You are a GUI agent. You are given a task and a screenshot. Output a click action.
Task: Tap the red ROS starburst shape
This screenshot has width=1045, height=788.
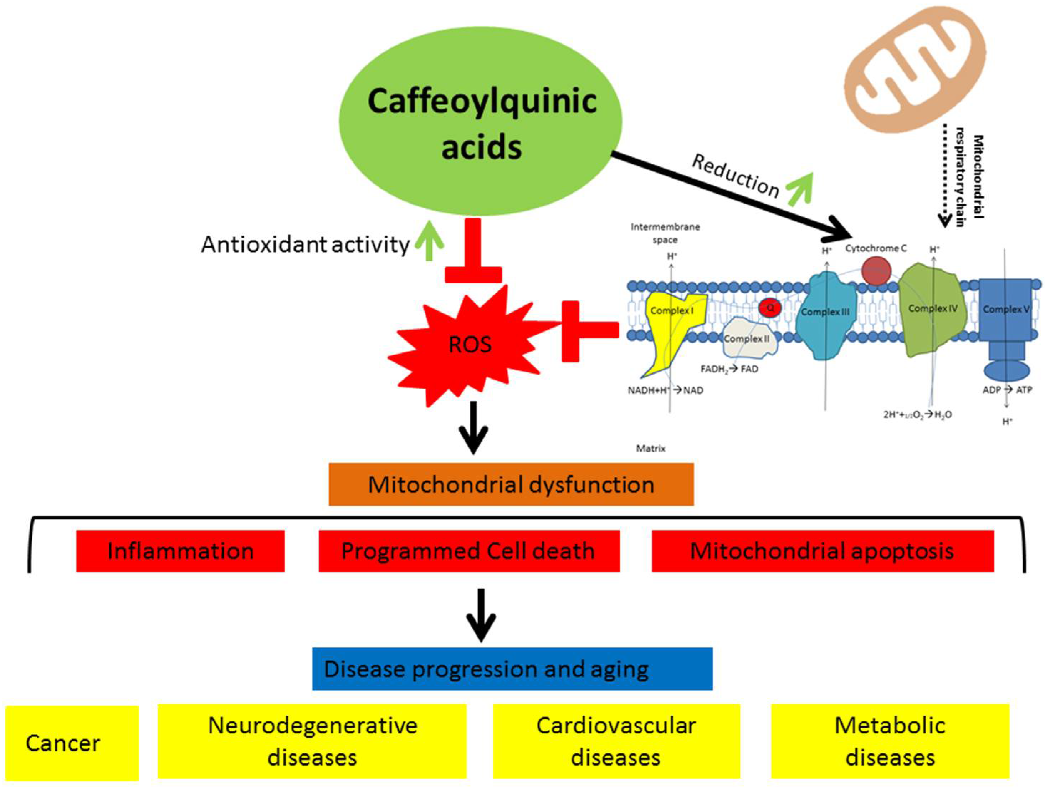point(470,345)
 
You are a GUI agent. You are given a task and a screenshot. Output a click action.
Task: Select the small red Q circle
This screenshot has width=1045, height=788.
point(770,308)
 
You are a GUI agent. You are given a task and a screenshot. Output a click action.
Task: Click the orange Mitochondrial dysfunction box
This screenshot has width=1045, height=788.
point(511,484)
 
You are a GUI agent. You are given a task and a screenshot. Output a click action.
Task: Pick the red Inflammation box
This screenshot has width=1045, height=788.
point(180,551)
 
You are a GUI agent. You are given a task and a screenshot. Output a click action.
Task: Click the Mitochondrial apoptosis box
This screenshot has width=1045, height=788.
point(823,551)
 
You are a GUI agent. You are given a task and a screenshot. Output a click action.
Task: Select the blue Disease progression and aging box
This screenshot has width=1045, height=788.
point(512,669)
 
